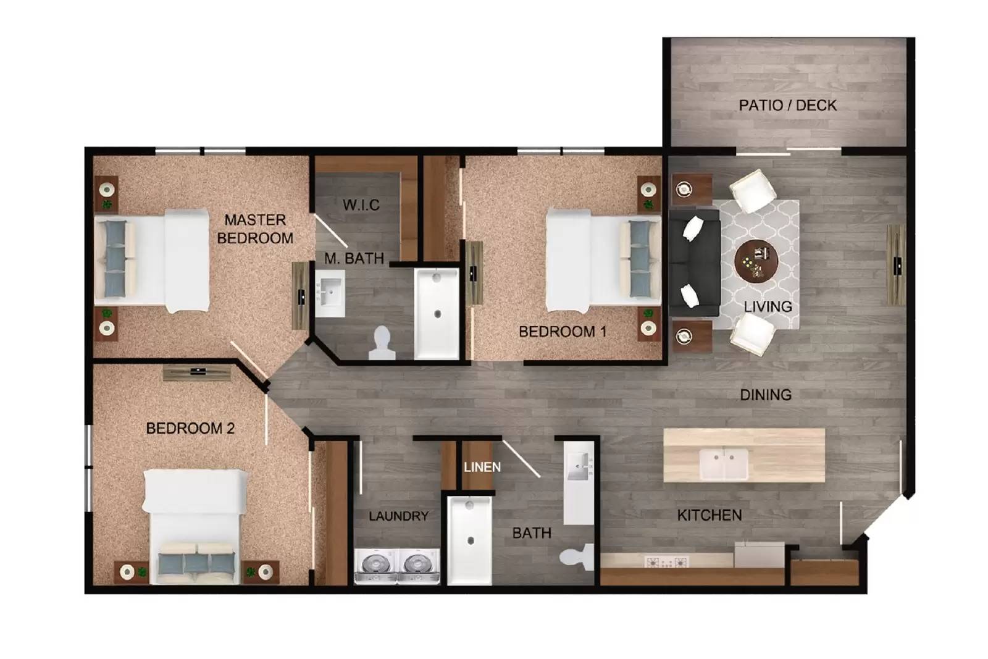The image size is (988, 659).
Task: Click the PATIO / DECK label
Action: (x=787, y=105)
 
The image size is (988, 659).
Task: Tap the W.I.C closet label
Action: (x=361, y=204)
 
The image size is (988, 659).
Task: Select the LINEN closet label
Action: (x=482, y=467)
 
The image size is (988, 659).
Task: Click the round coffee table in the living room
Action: (x=756, y=260)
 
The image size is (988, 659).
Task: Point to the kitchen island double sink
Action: (x=724, y=464)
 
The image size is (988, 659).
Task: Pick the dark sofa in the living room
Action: (x=695, y=262)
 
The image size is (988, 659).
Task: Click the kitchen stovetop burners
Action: (x=666, y=562)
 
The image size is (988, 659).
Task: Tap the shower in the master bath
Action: (x=437, y=313)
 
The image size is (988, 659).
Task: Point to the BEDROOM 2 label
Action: (x=190, y=428)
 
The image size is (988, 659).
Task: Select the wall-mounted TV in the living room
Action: (x=896, y=265)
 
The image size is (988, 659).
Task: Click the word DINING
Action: (x=765, y=395)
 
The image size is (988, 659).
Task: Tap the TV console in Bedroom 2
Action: (x=198, y=372)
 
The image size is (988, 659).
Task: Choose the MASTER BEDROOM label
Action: (x=255, y=229)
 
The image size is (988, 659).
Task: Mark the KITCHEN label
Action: (x=709, y=515)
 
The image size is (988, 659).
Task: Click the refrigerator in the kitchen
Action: (x=759, y=554)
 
